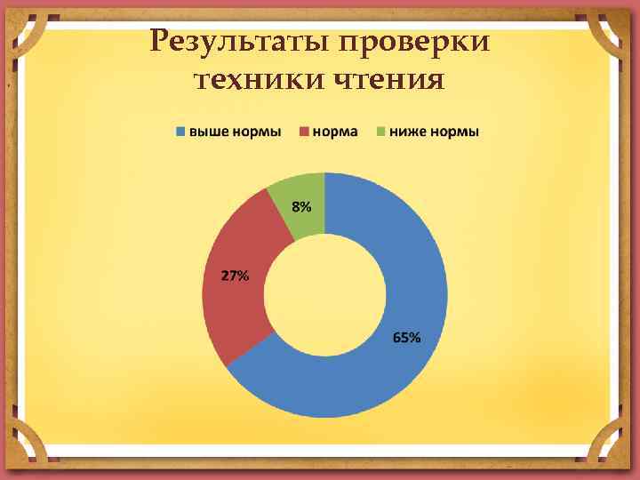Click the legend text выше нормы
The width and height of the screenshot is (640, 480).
tap(235, 132)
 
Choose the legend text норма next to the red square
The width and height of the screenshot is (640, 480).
tap(335, 132)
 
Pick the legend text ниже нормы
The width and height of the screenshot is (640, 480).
tap(435, 132)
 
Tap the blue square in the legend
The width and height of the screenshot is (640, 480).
tap(180, 132)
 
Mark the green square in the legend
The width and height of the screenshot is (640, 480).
tap(381, 132)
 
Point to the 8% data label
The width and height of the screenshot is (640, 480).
tap(302, 207)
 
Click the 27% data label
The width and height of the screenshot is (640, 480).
tap(235, 276)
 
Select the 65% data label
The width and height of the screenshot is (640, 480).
tap(407, 339)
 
